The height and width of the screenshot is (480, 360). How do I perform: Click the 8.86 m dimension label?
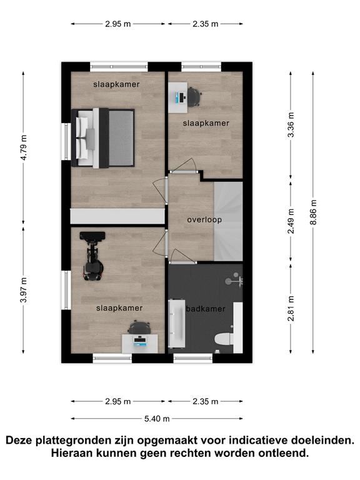coord(313,212)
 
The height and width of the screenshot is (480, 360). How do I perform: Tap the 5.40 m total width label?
coord(157,419)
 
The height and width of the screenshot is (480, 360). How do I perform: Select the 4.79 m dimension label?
coord(24,147)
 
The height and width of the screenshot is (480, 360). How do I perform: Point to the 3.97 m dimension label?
coord(24,290)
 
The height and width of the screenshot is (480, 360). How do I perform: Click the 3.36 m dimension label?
coord(291,125)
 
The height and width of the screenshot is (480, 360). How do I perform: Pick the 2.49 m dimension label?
coord(291,221)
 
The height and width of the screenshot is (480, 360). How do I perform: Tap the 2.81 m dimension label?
coord(291,309)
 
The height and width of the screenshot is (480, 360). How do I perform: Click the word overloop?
coord(204,219)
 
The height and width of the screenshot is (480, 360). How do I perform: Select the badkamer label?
coord(206,309)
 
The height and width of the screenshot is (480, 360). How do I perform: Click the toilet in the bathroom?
coord(224,339)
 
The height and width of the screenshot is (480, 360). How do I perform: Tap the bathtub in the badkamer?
coord(177,324)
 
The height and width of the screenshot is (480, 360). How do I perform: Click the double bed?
coord(103,138)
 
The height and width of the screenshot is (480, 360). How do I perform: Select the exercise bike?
coord(92,256)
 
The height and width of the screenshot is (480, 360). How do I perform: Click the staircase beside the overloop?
coord(228,221)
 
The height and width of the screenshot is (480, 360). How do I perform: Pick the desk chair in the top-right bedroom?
coord(194,96)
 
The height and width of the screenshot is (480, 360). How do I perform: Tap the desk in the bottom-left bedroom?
coord(140,344)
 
